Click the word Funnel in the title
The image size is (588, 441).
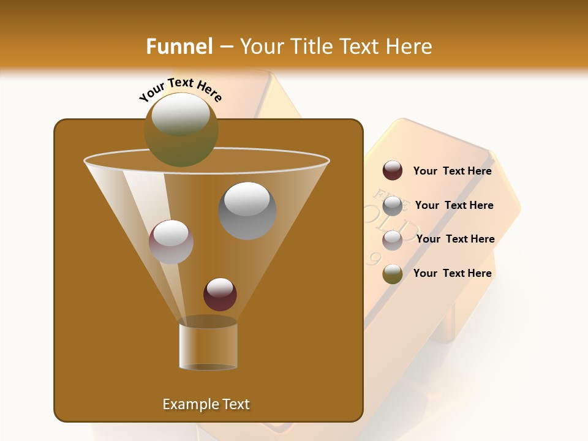click(179, 47)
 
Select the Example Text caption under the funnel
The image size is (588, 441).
click(206, 404)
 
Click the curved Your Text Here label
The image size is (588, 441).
click(180, 89)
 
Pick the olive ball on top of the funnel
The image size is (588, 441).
click(181, 130)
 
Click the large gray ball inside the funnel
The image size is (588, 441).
click(247, 211)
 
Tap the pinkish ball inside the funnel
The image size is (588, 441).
click(171, 242)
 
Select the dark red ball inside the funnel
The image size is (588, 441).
click(220, 295)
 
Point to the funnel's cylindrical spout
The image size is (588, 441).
click(208, 346)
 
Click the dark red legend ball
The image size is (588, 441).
click(392, 171)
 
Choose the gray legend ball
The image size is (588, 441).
click(392, 205)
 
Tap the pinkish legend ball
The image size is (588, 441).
click(392, 239)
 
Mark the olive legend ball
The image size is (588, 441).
click(392, 274)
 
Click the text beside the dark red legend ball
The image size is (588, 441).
click(452, 171)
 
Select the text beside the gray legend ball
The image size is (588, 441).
click(454, 206)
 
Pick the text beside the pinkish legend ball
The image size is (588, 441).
click(455, 239)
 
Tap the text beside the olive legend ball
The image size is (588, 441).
click(452, 274)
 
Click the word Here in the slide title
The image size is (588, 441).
click(409, 47)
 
